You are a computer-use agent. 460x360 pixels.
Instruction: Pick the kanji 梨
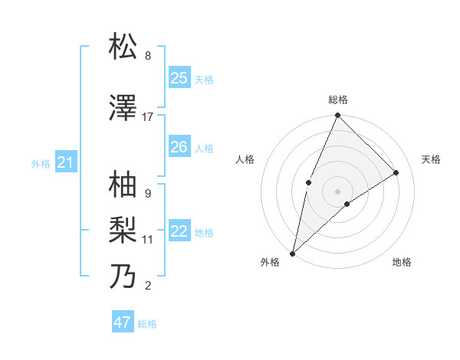(123, 230)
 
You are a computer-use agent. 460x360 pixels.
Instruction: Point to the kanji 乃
(123, 276)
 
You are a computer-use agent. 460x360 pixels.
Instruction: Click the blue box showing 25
(179, 78)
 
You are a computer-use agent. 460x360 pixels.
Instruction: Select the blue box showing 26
(179, 147)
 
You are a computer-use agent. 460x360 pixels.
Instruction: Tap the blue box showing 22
(179, 231)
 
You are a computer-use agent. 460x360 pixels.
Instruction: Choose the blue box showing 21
(65, 162)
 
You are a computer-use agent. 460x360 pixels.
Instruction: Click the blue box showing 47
(123, 322)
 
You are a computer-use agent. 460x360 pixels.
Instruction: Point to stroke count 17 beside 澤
(148, 117)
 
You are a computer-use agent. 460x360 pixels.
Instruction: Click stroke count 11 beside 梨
(148, 240)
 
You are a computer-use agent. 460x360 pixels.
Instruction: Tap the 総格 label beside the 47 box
(147, 324)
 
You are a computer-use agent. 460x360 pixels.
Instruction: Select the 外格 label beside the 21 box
(41, 163)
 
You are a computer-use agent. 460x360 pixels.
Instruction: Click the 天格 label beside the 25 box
(203, 79)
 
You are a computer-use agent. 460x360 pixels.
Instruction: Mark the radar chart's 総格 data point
(337, 116)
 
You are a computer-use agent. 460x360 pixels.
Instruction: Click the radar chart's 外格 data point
(292, 253)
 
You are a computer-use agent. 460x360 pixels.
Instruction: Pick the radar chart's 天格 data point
(396, 172)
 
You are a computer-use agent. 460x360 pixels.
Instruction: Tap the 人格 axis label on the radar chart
(245, 159)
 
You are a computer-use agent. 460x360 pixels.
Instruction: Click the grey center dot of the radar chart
(337, 191)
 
